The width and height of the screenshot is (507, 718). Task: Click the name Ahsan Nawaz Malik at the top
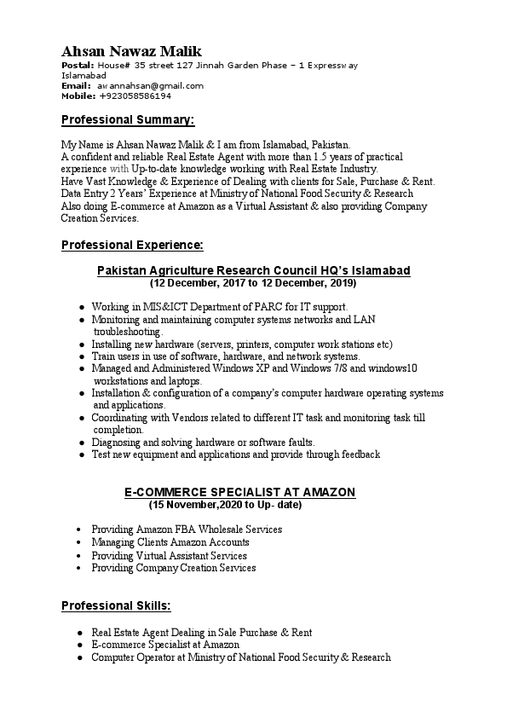[x=131, y=52]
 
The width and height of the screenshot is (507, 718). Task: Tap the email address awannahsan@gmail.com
[x=150, y=86]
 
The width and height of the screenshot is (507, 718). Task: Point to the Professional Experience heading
[x=132, y=246]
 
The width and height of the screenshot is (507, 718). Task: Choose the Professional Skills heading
[x=116, y=606]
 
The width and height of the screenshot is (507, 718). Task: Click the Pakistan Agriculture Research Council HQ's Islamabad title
[x=253, y=270]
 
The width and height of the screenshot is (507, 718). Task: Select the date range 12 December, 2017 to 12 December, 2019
[x=253, y=282]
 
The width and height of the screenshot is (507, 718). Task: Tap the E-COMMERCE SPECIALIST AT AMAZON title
[x=240, y=493]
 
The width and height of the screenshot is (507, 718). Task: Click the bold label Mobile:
[x=78, y=96]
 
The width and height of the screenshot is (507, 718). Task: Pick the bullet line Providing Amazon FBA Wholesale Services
[x=187, y=530]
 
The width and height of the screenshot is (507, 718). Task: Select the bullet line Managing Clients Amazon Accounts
[x=170, y=542]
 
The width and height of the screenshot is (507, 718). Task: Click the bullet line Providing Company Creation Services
[x=174, y=568]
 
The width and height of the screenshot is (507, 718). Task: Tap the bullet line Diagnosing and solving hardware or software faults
[x=204, y=443]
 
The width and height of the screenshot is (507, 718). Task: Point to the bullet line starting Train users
[x=226, y=356]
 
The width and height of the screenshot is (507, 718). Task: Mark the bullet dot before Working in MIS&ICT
[x=81, y=306]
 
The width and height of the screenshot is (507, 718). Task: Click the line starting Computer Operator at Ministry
[x=241, y=658]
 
